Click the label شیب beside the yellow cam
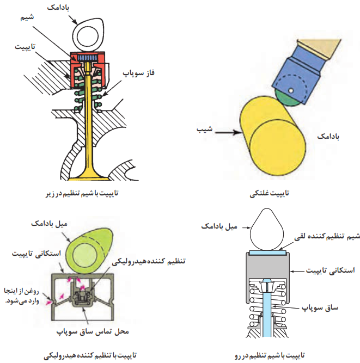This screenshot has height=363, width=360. [x=205, y=129]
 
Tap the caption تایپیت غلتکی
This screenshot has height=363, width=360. [x=270, y=193]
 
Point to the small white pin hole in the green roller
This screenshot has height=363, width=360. [x=291, y=90]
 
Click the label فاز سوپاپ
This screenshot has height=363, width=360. [x=138, y=73]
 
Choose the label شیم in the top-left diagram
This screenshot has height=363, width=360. [x=27, y=17]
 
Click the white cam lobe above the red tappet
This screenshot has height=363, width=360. [x=88, y=35]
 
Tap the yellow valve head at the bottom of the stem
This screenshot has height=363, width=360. [x=88, y=176]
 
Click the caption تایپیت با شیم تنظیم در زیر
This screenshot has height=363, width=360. [x=82, y=193]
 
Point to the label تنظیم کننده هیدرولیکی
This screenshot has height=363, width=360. [x=149, y=261]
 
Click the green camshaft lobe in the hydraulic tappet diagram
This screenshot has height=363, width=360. [x=89, y=250]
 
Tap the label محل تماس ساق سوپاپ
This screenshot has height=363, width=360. [x=93, y=331]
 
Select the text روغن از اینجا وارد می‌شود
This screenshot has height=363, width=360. [x=22, y=296]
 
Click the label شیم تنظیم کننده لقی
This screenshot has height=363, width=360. [x=327, y=237]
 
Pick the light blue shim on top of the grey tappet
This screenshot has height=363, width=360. [x=267, y=253]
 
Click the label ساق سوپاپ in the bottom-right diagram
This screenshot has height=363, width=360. [x=320, y=307]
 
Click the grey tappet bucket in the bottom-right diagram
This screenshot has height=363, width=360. [x=267, y=266]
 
